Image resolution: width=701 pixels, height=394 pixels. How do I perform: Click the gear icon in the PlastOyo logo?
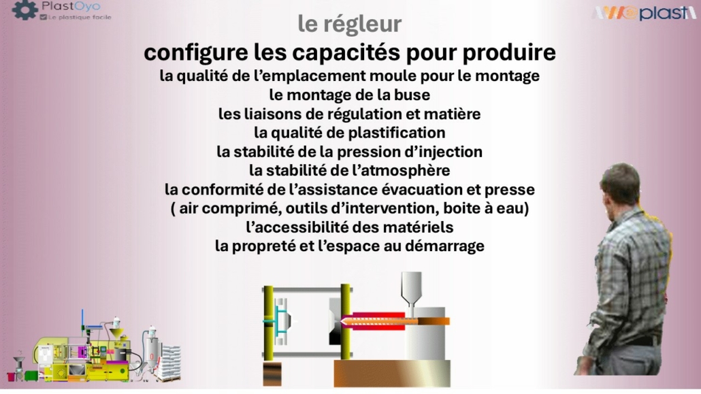(25, 10)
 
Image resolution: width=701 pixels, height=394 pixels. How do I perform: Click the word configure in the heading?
(196, 53)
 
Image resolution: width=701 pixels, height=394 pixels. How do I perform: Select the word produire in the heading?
(509, 52)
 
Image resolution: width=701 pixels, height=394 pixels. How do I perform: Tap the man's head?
(621, 184)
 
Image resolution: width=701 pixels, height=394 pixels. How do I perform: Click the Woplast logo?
(645, 12)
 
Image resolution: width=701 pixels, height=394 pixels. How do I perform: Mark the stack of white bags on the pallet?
(170, 362)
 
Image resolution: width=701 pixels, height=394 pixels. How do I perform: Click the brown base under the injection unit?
(392, 374)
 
